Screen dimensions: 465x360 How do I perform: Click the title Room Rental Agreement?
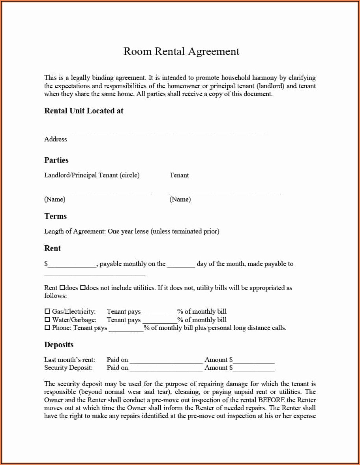(x=181, y=52)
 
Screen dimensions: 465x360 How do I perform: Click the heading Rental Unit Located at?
(x=84, y=111)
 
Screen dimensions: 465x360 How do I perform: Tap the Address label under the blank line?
(x=56, y=139)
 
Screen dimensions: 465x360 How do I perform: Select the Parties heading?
(x=56, y=160)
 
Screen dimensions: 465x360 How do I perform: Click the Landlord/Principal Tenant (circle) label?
(x=92, y=175)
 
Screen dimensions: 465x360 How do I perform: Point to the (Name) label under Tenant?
(x=180, y=200)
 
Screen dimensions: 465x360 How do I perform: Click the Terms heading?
(x=55, y=216)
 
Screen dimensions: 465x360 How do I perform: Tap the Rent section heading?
(x=52, y=249)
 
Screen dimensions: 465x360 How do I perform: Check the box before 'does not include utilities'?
(x=82, y=288)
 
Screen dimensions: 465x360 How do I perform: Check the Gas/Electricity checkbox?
(x=47, y=312)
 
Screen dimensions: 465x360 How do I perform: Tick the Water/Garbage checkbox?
(x=47, y=320)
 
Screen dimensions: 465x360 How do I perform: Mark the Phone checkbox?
(x=47, y=328)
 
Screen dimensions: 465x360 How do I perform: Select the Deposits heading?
(x=59, y=345)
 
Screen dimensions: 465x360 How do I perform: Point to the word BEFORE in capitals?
(x=271, y=400)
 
